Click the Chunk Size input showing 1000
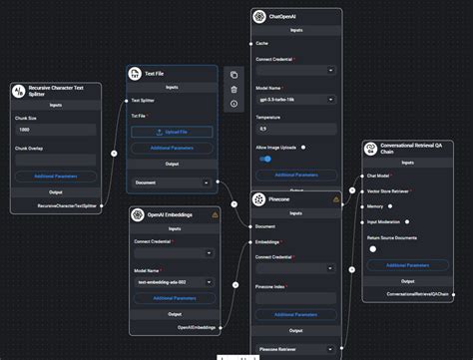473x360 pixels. (x=56, y=130)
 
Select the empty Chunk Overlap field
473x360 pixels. (x=56, y=159)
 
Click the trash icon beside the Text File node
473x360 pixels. (x=234, y=89)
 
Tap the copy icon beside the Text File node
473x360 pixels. (x=234, y=74)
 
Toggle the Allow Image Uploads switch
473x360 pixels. (x=266, y=159)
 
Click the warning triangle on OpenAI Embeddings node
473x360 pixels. (x=215, y=214)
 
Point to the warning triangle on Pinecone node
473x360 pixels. (x=336, y=199)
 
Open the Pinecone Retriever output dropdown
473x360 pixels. (x=295, y=349)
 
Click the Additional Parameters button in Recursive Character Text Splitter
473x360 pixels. (x=56, y=177)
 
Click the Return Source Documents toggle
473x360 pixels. (x=373, y=249)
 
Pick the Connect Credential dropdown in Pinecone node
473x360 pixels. (x=295, y=270)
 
